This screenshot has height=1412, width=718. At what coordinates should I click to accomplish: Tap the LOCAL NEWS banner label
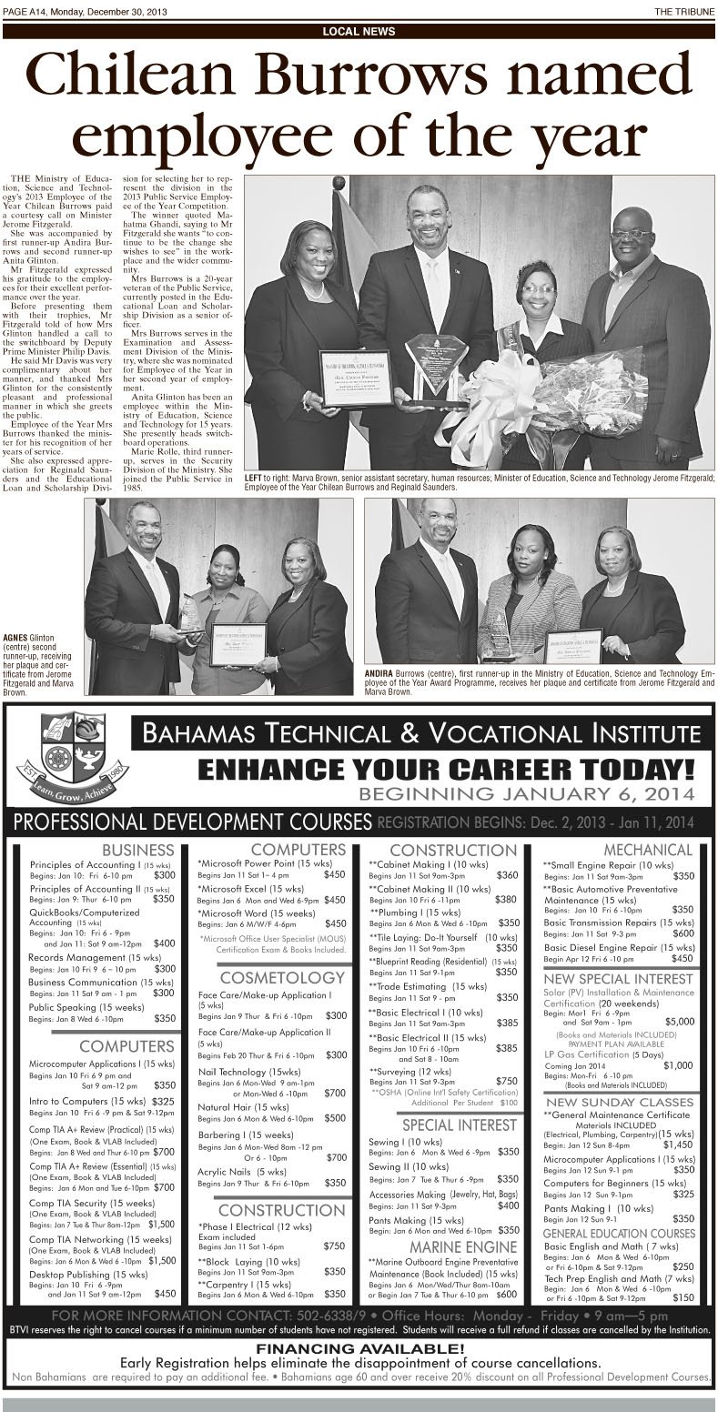(359, 31)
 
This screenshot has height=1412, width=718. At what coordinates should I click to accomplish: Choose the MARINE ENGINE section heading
(450, 1246)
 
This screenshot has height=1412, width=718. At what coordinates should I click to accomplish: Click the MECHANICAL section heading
(655, 850)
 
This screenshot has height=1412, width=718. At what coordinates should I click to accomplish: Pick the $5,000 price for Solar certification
(680, 1022)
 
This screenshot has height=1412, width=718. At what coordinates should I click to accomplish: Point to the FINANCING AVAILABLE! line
(359, 1348)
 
